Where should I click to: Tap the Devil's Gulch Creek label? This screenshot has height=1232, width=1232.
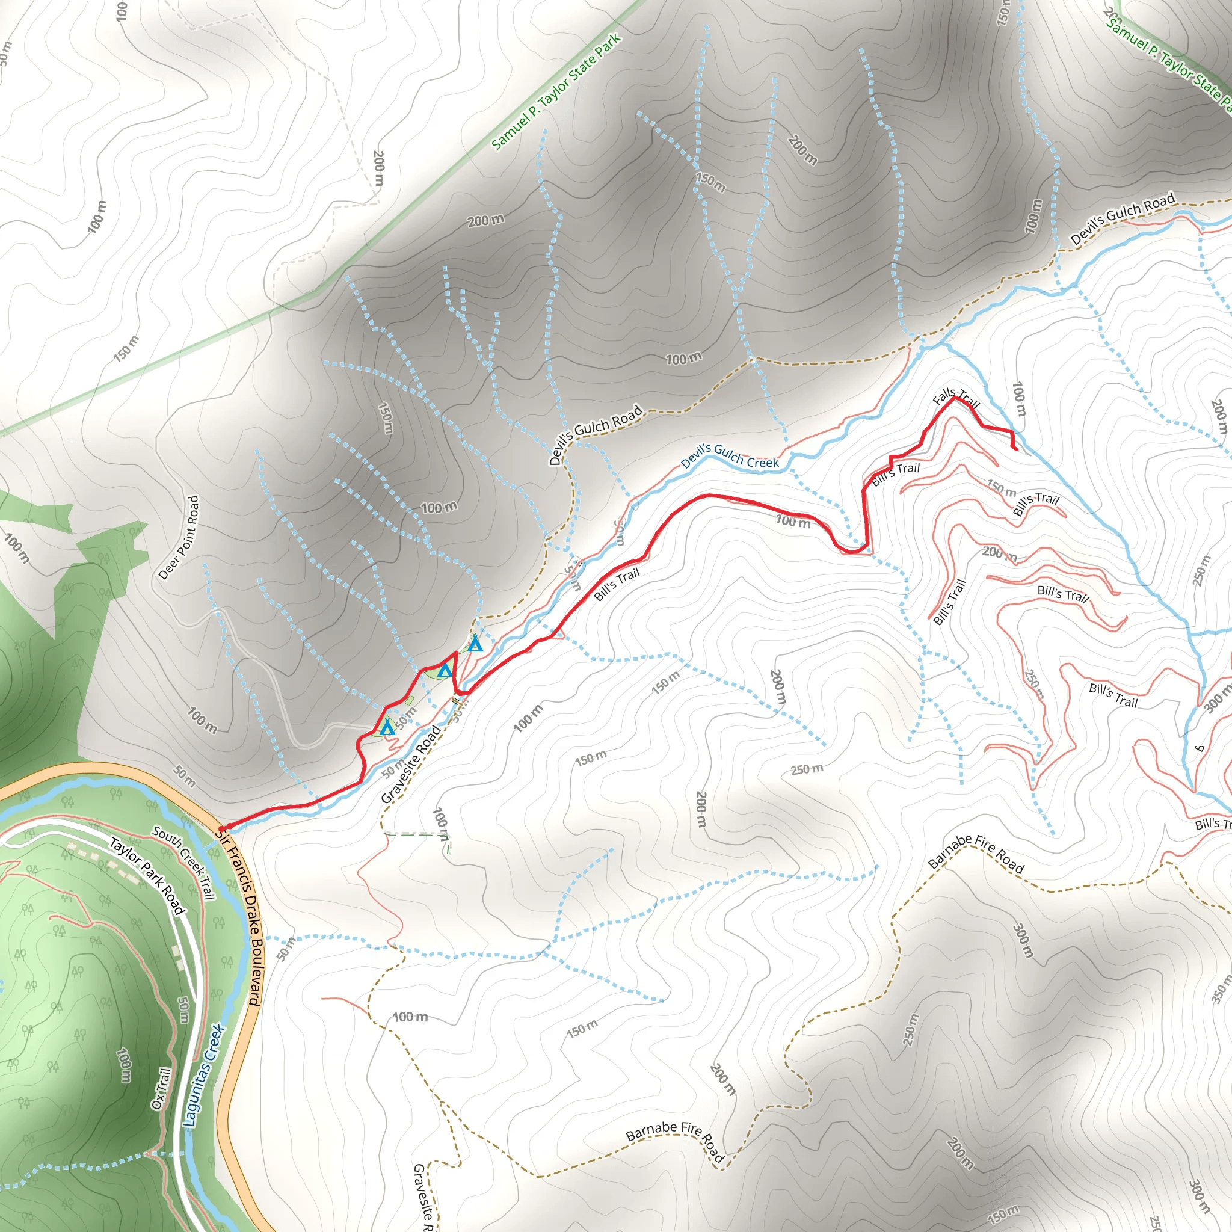point(730,455)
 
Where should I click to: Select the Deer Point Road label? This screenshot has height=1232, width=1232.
point(179,538)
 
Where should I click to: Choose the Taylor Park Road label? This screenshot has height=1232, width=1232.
point(147,875)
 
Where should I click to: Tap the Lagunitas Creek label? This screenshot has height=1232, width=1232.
point(203,1076)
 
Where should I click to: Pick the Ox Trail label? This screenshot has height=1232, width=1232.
point(161,1088)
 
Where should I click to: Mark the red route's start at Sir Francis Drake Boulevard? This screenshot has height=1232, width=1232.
point(222,828)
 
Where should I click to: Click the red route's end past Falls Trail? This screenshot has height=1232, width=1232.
point(1016,449)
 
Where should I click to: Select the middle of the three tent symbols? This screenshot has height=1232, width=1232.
point(445,670)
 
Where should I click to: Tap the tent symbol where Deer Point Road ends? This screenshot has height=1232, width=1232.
point(387,728)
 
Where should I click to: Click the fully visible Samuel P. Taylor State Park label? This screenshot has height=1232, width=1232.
point(556,92)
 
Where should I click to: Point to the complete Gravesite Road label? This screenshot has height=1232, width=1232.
point(411,765)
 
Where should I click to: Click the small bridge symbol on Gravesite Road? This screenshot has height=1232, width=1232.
point(455,701)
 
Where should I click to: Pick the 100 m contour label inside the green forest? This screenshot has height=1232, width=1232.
point(124,1064)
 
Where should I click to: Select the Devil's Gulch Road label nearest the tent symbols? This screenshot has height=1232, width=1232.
point(596,435)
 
